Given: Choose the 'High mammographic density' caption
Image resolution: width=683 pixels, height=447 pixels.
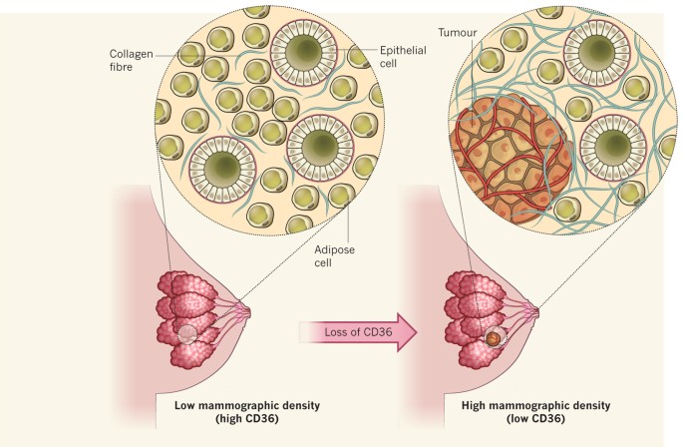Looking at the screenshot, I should point(525,408).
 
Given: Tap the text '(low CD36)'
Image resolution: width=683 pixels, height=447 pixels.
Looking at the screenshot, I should point(525,421).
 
